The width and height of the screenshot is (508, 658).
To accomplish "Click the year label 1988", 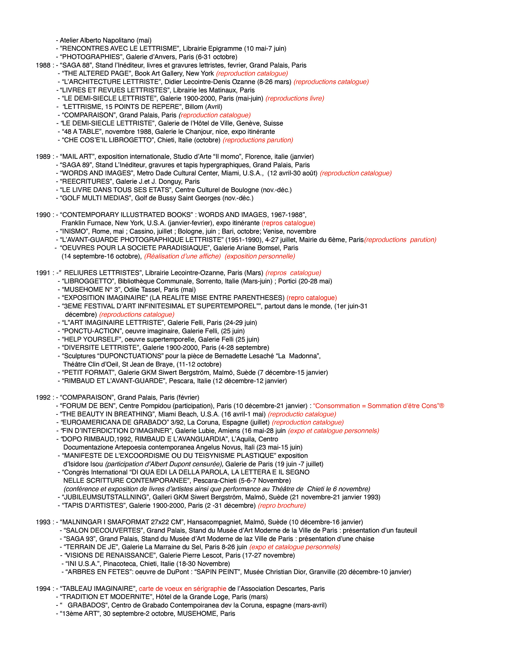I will point(43,65).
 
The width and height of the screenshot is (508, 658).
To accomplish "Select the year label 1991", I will point(43,273).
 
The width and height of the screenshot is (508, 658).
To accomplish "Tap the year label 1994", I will point(43,589).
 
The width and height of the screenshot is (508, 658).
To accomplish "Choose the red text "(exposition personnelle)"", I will point(260,256).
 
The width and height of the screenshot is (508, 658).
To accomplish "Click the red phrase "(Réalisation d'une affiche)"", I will point(183,256).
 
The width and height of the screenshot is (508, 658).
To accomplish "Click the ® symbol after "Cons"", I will point(442,406).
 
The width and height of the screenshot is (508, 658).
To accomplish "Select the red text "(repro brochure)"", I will point(282,505).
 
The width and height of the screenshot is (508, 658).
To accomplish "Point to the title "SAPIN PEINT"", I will point(218,572).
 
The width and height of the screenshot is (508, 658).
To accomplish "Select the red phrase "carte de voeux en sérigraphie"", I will point(183,589).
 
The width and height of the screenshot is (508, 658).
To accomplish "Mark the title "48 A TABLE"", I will point(80,132).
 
